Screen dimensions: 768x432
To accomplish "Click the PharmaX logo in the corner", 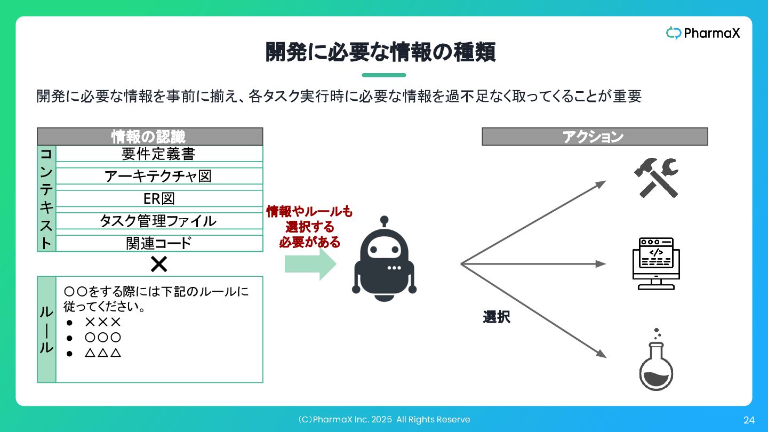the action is (703, 33).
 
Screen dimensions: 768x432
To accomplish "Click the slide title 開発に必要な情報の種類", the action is (381, 52).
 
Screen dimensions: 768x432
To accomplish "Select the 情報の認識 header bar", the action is (150, 137).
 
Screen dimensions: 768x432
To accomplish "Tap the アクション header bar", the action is (594, 137).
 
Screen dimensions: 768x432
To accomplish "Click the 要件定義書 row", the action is (159, 154).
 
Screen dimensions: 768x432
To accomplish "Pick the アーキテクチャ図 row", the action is (159, 176).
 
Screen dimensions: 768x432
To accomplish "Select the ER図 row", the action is (159, 198).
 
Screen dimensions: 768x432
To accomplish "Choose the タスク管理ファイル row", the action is (159, 221).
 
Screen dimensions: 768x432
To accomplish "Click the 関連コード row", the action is (159, 243).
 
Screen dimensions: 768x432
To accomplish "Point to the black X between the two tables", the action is (159, 264).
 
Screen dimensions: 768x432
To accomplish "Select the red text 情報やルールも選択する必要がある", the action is (310, 227).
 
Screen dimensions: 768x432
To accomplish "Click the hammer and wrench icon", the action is (656, 178).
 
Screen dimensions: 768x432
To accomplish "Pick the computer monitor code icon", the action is (656, 263).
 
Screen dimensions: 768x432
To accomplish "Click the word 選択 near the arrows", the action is (497, 317).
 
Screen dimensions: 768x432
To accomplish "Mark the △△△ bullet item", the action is (103, 353).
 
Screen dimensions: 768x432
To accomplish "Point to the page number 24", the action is (749, 420).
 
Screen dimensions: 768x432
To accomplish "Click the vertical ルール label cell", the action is (46, 329).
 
